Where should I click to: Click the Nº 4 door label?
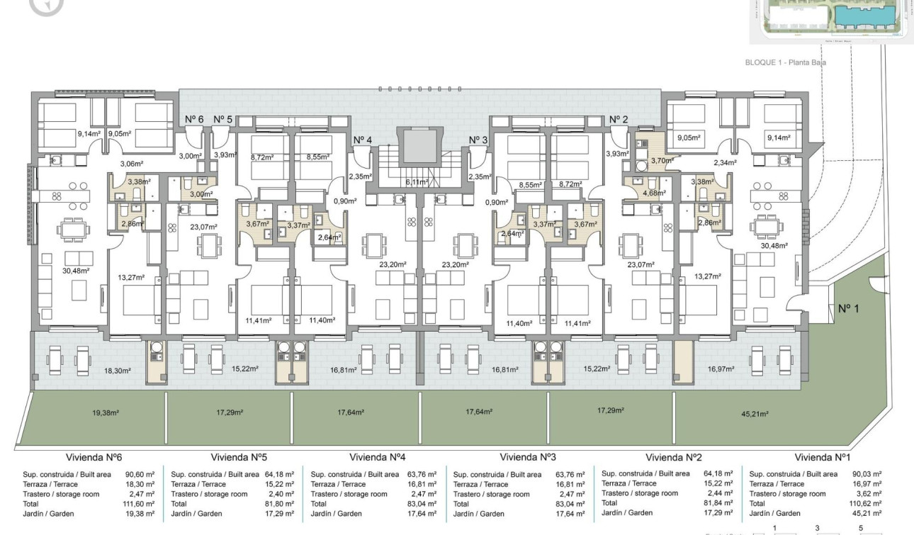point(362,140)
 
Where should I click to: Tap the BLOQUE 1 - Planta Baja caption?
point(785,62)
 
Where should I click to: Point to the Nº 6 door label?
point(194,119)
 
